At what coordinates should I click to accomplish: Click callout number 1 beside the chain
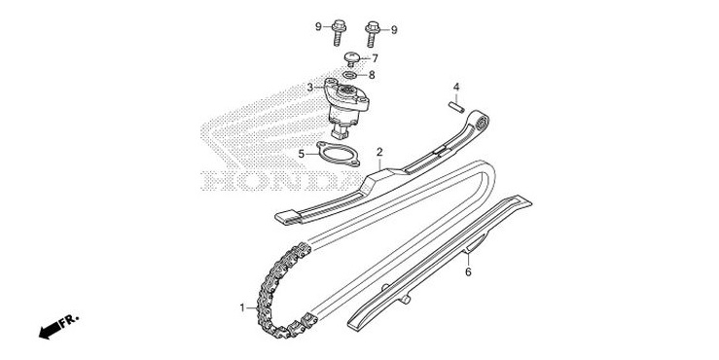(x=242, y=307)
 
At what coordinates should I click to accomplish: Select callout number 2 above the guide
(x=379, y=152)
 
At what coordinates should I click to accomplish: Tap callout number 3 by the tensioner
(x=310, y=88)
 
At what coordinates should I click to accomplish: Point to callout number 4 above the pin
(x=454, y=87)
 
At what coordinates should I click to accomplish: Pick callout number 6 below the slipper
(x=468, y=272)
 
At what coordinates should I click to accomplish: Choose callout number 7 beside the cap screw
(x=375, y=58)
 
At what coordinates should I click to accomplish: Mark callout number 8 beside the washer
(x=371, y=74)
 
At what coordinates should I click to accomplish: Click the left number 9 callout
(x=318, y=26)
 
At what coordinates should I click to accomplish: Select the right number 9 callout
(x=394, y=30)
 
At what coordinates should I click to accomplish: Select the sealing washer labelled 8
(x=349, y=74)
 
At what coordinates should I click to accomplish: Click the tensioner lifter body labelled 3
(x=345, y=108)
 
